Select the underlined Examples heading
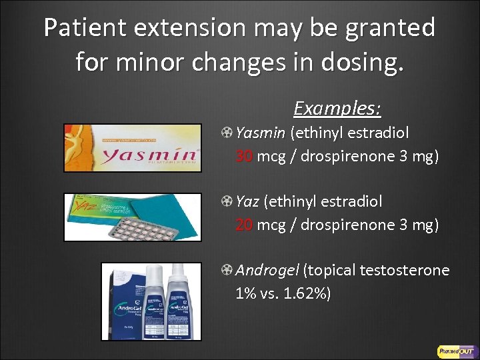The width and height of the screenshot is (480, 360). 337,108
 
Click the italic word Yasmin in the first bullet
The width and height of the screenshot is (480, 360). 260,133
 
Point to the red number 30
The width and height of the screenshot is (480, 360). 244,157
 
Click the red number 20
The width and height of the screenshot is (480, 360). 244,225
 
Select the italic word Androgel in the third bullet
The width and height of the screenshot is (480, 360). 267,270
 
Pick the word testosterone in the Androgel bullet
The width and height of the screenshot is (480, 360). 404,270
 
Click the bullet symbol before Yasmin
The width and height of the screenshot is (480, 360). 227,133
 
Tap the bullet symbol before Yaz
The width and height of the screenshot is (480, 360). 227,201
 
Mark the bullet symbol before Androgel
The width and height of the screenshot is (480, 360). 227,270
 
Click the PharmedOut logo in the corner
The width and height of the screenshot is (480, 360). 455,351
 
